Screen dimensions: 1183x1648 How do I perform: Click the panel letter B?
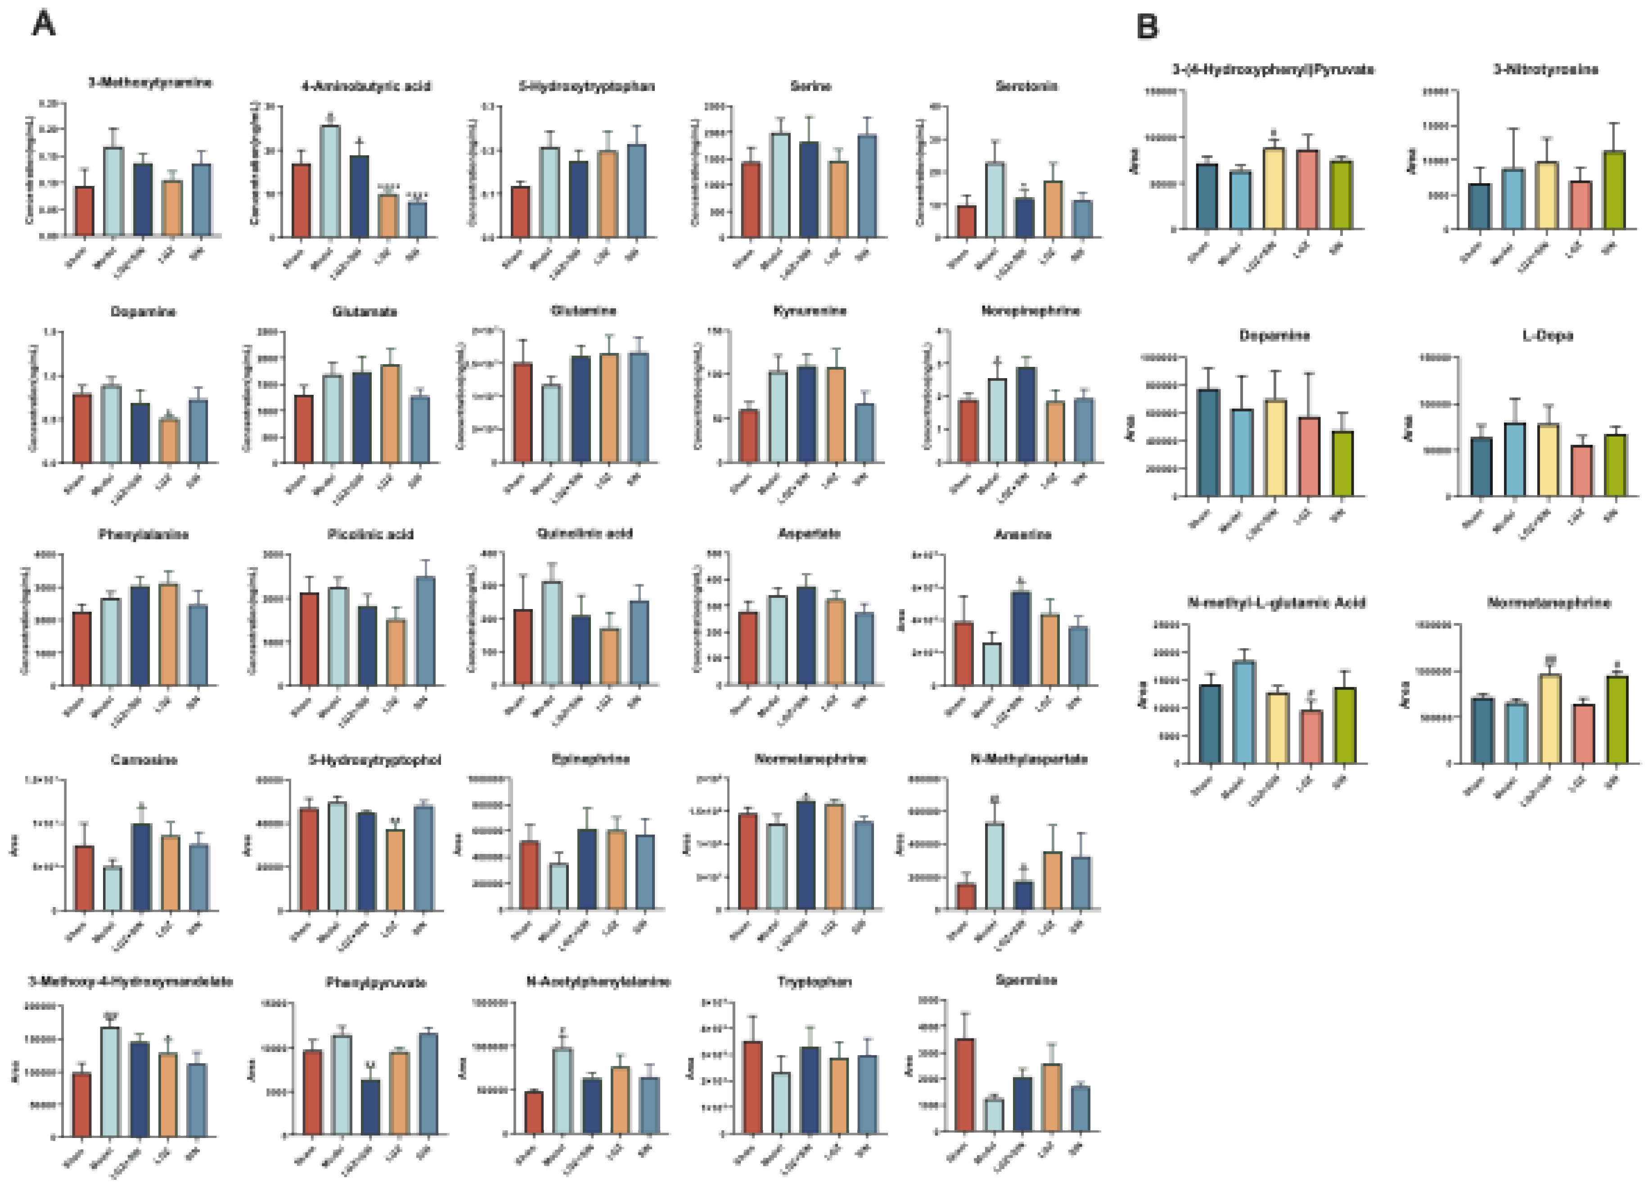(x=1148, y=27)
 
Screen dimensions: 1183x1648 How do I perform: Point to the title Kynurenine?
(x=810, y=311)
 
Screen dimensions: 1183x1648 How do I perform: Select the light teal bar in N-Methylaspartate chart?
(x=994, y=866)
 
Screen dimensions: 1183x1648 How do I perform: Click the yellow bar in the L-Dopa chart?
(x=1548, y=460)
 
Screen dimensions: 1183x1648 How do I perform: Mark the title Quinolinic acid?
(x=584, y=533)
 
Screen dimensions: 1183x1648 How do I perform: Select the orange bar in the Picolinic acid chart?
(x=396, y=653)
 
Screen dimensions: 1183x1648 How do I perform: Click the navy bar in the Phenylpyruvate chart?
(x=370, y=1107)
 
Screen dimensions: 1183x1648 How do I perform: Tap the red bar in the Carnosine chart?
(x=84, y=878)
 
